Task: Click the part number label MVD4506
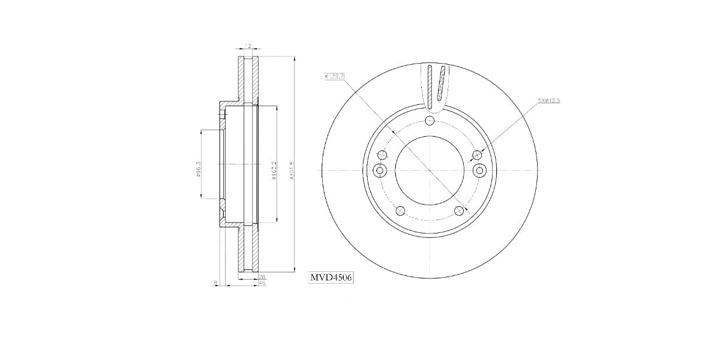331,277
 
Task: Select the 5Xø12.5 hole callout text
548,101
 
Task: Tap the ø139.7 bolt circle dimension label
334,76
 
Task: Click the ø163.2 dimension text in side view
274,169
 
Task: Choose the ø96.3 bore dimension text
198,169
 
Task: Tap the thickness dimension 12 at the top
247,46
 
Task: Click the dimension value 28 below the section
262,277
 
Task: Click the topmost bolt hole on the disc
429,121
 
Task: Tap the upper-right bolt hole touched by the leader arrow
478,154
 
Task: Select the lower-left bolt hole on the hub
400,211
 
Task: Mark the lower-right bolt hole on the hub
459,211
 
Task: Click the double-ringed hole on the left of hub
379,171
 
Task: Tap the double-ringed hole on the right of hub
479,171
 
